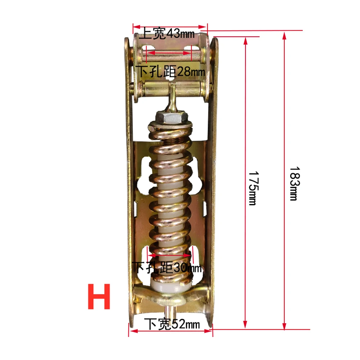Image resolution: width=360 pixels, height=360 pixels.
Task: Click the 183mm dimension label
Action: [293, 183]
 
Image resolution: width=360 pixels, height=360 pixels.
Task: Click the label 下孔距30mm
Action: [167, 267]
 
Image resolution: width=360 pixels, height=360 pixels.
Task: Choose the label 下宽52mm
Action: [171, 324]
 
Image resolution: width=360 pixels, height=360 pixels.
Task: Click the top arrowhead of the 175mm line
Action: [246, 40]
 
